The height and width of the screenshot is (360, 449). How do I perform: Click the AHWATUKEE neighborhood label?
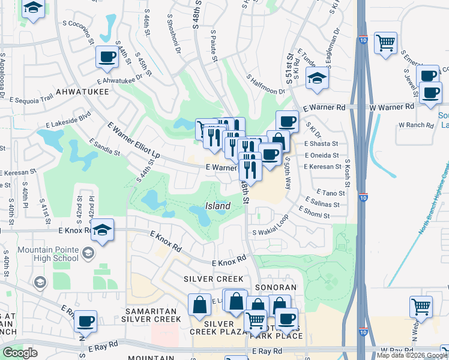(82, 92)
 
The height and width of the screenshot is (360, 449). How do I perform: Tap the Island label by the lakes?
(218, 206)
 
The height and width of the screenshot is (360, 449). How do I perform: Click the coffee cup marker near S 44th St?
(107, 58)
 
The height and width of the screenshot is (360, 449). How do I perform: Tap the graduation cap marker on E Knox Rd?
(103, 230)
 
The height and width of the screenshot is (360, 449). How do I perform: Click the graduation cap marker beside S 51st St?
(316, 78)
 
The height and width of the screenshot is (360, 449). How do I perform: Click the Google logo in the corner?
(20, 353)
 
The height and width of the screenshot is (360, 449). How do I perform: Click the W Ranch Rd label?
(415, 125)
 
